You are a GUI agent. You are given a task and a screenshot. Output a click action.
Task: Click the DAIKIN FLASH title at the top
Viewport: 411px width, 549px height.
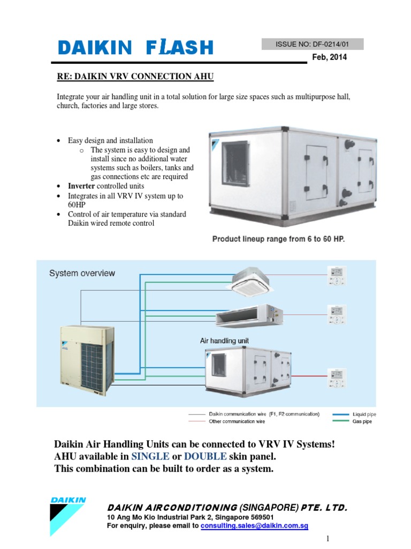click(135, 48)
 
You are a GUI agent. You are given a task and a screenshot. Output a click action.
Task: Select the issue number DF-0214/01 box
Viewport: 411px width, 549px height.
click(313, 44)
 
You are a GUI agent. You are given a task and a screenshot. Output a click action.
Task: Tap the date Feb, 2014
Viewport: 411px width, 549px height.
click(329, 57)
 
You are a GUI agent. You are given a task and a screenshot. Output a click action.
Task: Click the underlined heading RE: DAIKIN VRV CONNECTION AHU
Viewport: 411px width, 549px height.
click(135, 77)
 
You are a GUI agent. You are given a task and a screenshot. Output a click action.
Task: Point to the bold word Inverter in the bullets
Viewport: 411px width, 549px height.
click(81, 186)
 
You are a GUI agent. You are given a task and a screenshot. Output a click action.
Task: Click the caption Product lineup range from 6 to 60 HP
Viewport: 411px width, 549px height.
click(278, 239)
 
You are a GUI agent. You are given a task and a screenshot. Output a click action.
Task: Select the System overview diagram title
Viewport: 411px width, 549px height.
click(82, 273)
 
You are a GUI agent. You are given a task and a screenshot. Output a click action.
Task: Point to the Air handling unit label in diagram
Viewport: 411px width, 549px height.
click(224, 340)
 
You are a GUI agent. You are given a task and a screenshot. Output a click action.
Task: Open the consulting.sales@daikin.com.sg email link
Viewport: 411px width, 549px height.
click(254, 526)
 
